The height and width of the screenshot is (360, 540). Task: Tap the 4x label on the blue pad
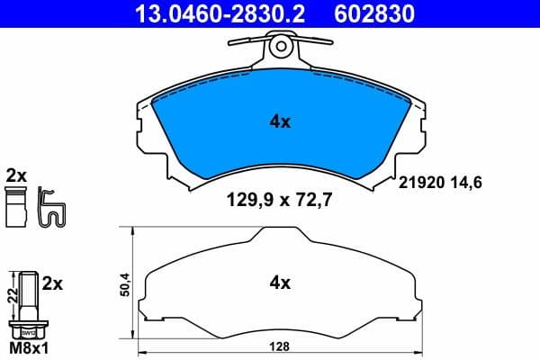280,121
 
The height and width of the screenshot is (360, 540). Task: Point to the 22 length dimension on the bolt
10,294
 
